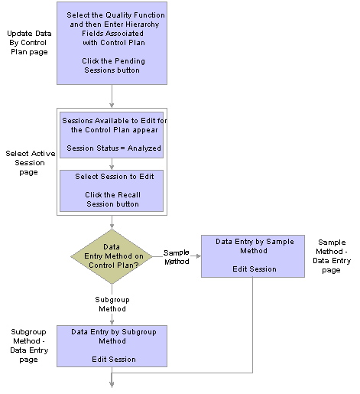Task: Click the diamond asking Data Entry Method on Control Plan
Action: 112,256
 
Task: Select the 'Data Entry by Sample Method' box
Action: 253,256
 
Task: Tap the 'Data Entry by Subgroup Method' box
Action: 112,346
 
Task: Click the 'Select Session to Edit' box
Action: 112,190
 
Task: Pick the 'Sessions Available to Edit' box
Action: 112,135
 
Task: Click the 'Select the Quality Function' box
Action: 112,43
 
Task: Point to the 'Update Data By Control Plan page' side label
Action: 29,43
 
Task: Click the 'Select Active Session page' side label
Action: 30,163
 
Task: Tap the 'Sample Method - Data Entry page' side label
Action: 332,256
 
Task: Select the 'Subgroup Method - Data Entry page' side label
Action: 29,346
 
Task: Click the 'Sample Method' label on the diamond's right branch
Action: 177,257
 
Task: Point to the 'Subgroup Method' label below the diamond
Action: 112,304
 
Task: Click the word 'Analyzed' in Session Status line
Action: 144,148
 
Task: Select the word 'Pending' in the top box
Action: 130,61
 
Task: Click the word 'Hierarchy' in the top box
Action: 143,24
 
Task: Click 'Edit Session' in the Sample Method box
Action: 255,269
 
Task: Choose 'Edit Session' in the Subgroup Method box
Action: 114,360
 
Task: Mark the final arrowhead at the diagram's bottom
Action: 112,384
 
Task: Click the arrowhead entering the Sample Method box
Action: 198,256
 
